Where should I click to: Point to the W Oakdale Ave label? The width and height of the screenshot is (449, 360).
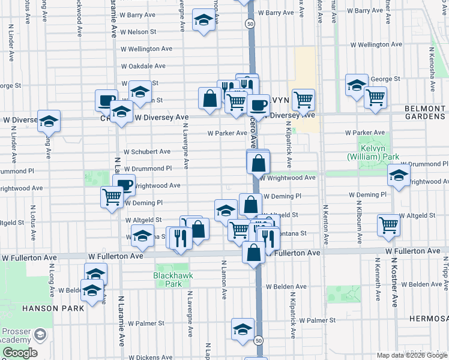click(x=146, y=67)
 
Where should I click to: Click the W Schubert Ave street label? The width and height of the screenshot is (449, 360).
click(x=148, y=152)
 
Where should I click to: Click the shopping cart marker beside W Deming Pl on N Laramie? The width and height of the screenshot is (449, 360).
click(x=112, y=196)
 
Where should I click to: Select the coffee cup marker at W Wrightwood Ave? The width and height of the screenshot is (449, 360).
click(x=124, y=185)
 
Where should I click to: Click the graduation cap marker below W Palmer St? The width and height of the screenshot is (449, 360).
click(x=243, y=329)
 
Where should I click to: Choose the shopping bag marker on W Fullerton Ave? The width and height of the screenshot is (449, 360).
click(x=254, y=252)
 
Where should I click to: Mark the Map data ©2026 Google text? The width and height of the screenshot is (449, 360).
click(x=411, y=355)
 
